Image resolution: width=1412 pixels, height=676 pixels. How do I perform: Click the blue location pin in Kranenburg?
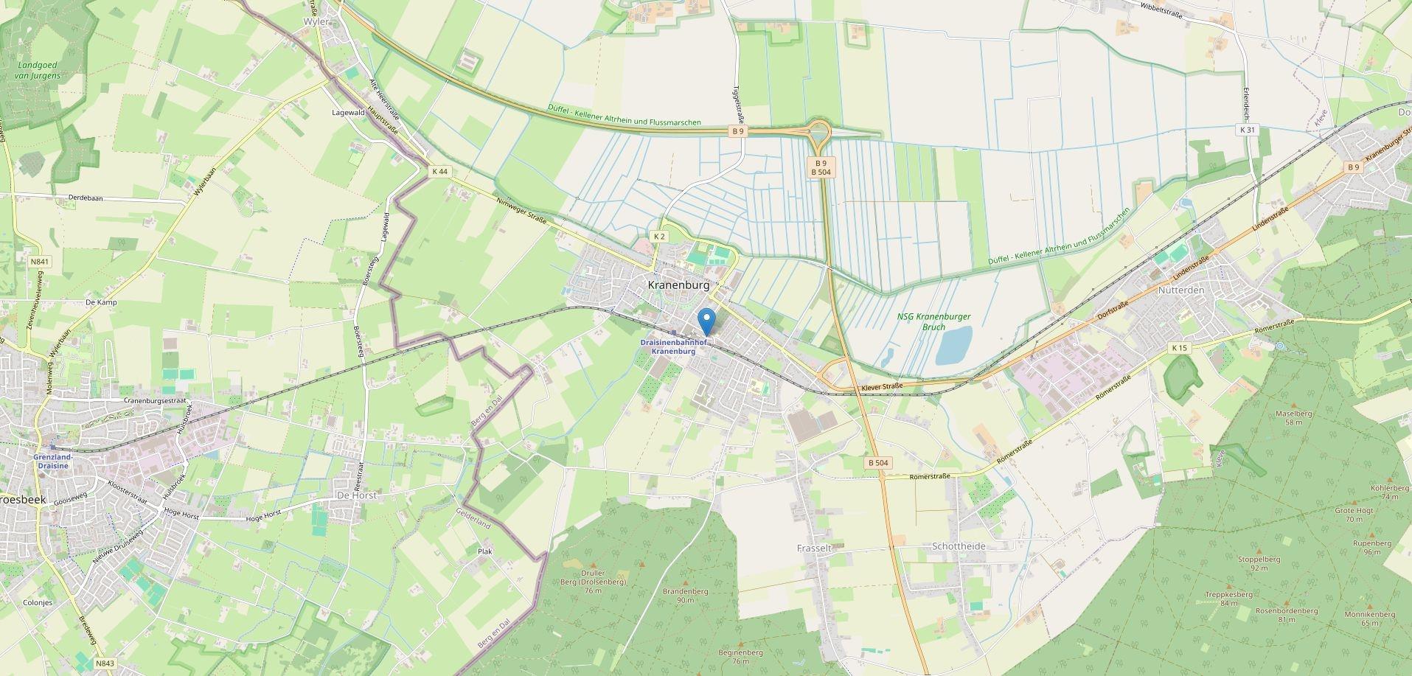coord(707,320)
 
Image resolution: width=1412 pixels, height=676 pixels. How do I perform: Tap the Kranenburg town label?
coord(678,285)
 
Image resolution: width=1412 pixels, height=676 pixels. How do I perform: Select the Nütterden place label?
coord(1180,290)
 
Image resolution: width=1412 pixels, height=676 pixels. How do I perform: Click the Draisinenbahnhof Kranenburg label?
coord(674,347)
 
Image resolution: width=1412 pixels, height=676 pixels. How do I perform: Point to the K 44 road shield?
coord(439,171)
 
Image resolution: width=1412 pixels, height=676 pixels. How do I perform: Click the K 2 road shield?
coord(659,237)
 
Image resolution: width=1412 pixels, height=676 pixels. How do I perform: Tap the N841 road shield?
coord(40,262)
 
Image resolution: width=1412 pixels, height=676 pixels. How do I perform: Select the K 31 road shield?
coord(1247,130)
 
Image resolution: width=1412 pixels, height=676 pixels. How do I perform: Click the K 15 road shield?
coord(1179,348)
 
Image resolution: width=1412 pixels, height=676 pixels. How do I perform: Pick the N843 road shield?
coord(104,664)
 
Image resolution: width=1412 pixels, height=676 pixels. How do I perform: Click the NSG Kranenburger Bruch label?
coord(933,321)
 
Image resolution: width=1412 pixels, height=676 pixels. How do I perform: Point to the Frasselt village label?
coord(814,548)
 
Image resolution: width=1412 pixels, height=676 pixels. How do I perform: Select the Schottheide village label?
coord(959,546)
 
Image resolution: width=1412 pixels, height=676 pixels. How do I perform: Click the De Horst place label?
coord(356,495)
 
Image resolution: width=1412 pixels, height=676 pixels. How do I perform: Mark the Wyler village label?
coord(316,22)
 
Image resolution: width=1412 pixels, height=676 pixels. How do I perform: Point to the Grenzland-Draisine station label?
coord(51,461)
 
